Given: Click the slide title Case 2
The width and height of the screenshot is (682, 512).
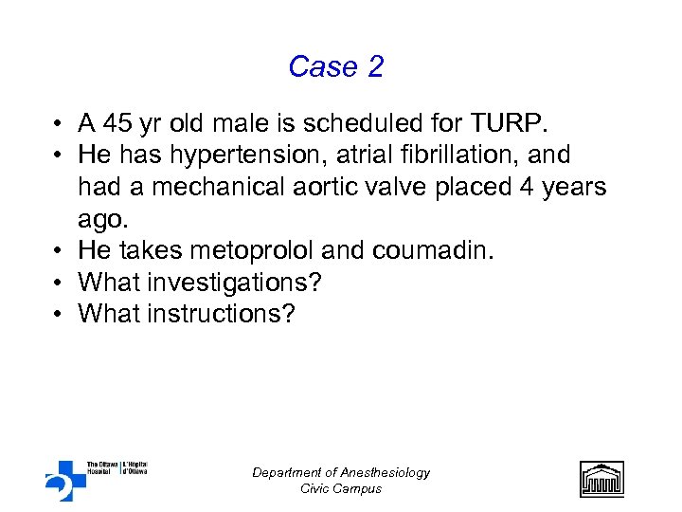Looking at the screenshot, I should (336, 67).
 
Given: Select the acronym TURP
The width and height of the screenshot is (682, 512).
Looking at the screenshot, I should (503, 123).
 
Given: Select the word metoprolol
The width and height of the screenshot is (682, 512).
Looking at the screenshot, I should (242, 250).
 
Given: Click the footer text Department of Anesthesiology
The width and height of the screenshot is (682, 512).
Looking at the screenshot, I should (341, 472).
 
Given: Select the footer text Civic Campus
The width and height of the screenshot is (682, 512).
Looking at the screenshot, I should (341, 488).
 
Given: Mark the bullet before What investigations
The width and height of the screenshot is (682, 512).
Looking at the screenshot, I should (59, 283).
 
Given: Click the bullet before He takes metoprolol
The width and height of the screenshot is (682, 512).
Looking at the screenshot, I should (59, 250).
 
